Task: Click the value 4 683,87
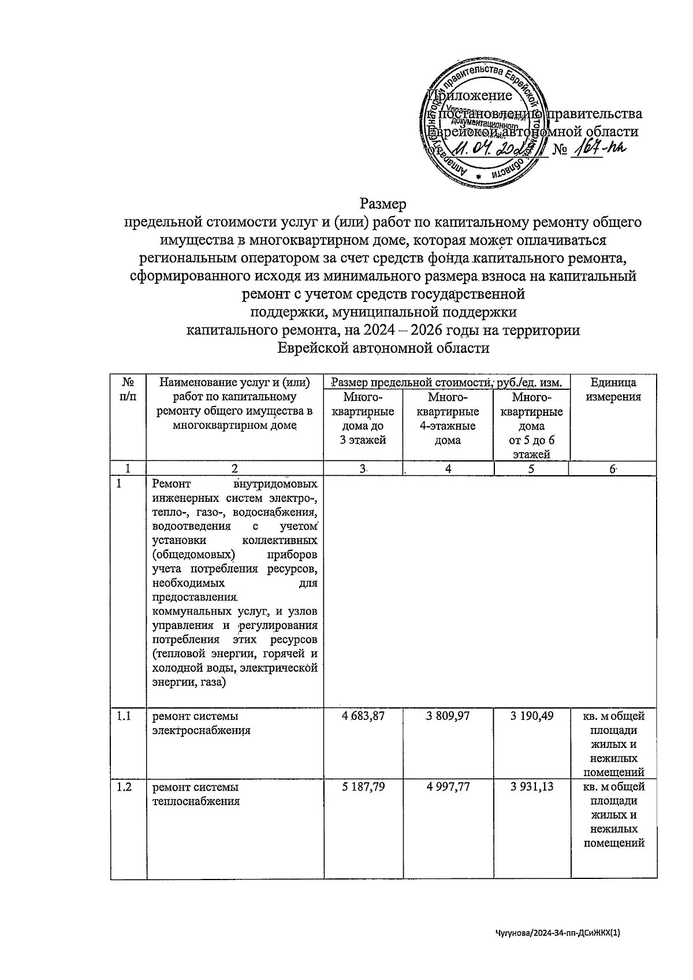[363, 716]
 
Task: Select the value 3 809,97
[448, 716]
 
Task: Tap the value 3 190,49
[531, 716]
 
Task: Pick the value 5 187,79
[363, 787]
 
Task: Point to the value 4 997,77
[448, 787]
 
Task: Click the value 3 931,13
[531, 787]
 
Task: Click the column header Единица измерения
[613, 390]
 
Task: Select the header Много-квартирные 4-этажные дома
[448, 419]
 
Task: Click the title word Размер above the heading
[383, 204]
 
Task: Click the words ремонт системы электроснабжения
[201, 723]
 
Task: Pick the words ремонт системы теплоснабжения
[195, 794]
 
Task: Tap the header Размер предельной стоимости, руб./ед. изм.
[446, 382]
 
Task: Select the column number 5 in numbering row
[531, 469]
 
